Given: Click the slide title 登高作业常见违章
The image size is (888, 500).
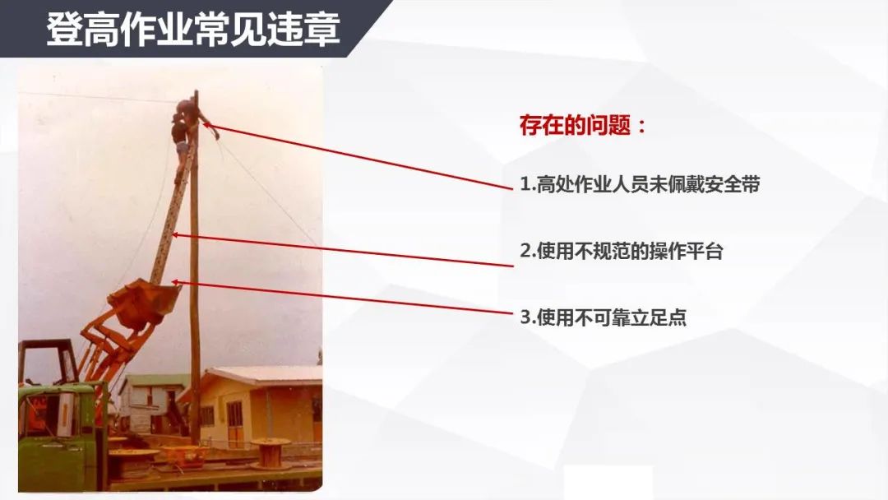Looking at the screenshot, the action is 193,29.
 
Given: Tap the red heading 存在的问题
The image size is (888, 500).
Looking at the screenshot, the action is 575,125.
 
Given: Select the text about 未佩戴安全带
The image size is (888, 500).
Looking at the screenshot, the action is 640,184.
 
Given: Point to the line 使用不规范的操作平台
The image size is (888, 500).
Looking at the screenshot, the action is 622,251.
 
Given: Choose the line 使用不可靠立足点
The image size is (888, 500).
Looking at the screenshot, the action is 604,317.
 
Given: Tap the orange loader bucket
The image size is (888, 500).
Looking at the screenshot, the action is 144,303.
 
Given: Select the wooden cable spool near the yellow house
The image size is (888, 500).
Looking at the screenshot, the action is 271,452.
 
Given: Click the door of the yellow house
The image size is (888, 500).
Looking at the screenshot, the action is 234,424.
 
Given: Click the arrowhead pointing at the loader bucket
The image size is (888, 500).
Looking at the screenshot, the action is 176,282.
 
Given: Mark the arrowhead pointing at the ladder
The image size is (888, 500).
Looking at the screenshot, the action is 176,234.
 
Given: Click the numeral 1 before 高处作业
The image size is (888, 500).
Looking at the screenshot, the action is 525,184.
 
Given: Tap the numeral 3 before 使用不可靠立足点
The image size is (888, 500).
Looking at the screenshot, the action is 525,317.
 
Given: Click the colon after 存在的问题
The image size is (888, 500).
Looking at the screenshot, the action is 641,126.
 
